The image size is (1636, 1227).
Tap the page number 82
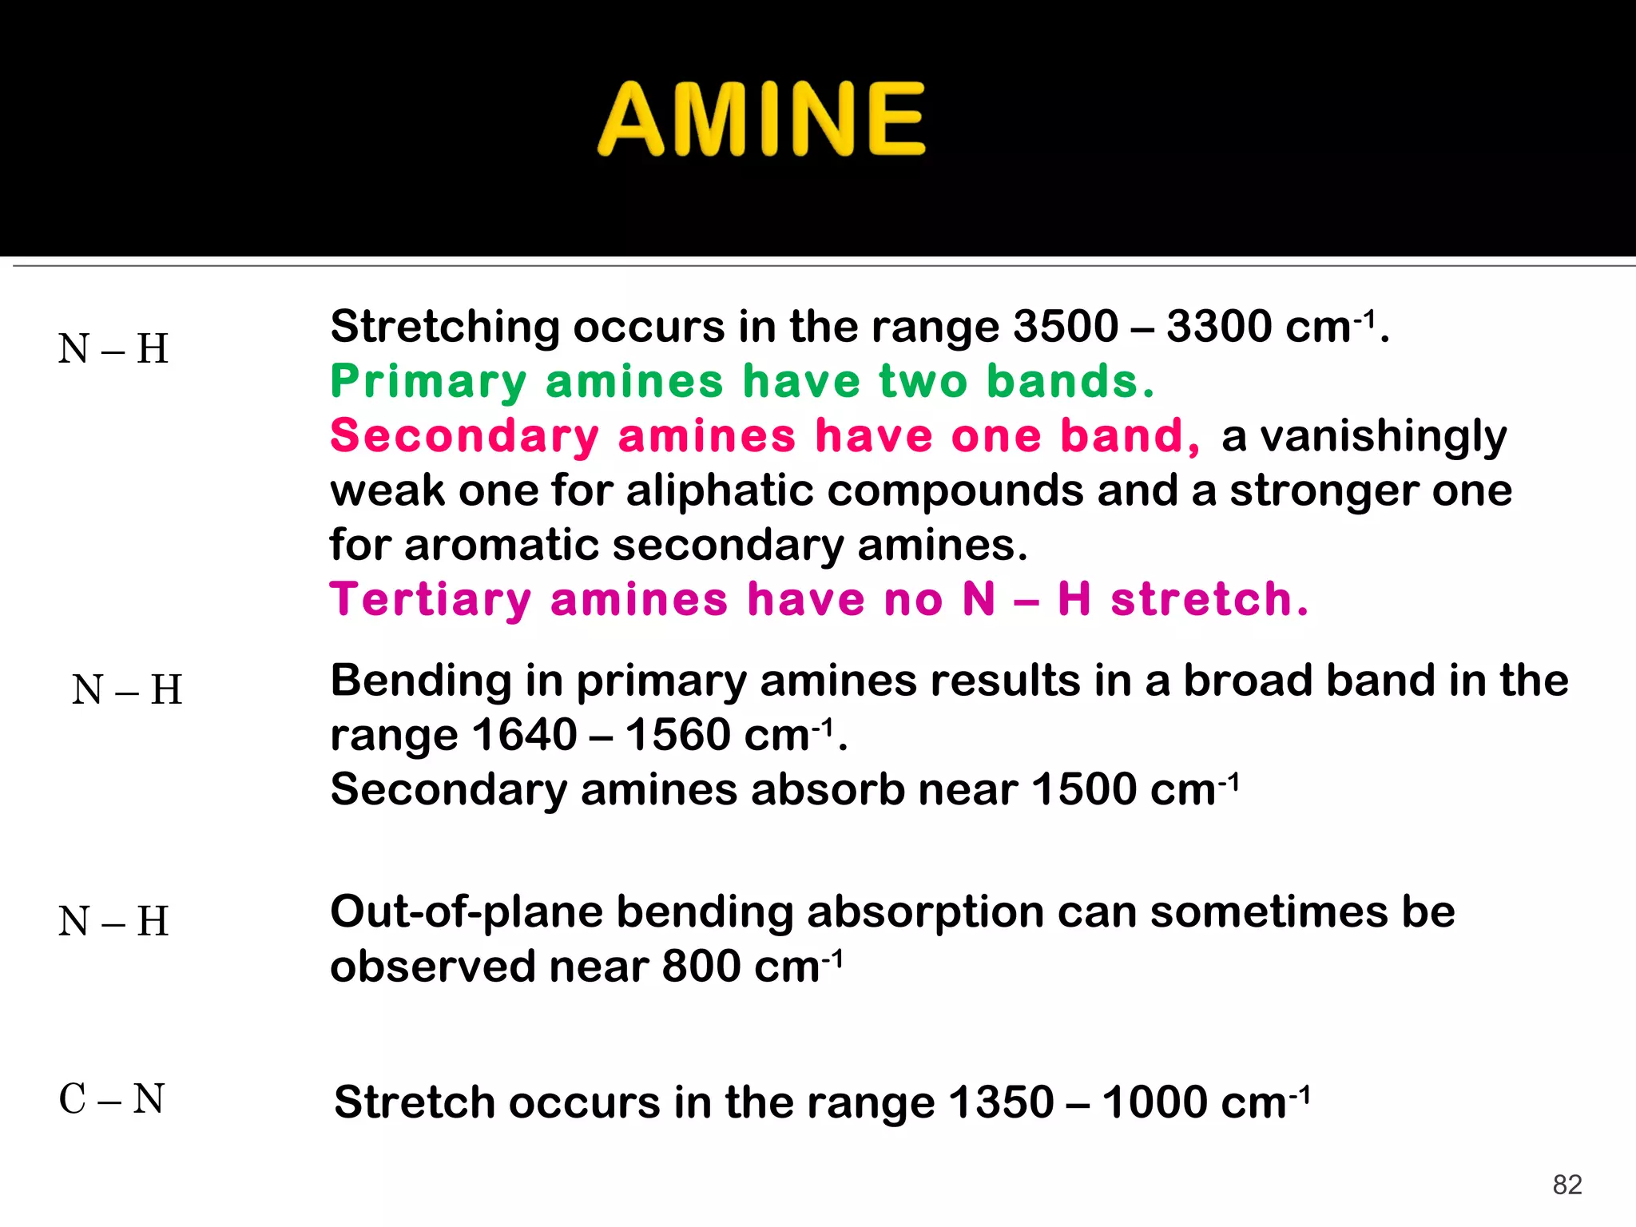[x=1567, y=1185]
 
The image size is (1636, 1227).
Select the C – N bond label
[x=112, y=1099]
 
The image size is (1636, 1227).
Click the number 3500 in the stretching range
[x=1065, y=327]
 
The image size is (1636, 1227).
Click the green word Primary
[x=428, y=382]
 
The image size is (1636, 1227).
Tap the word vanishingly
[x=1364, y=437]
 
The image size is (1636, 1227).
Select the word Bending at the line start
[x=421, y=681]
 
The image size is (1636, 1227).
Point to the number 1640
[x=524, y=735]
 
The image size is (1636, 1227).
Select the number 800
[x=701, y=967]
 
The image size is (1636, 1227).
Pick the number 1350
[x=1001, y=1103]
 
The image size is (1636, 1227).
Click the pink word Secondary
[x=464, y=436]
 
